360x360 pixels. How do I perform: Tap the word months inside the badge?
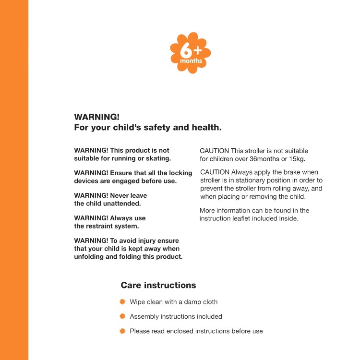click(191, 61)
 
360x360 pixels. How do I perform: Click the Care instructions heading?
click(158, 285)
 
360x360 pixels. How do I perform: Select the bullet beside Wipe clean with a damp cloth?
click(122, 302)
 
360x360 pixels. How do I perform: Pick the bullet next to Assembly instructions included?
click(122, 316)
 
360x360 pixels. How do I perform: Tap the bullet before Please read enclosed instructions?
click(122, 331)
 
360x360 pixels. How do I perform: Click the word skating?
click(157, 158)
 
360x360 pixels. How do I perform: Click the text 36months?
click(272, 159)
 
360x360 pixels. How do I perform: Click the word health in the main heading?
click(206, 128)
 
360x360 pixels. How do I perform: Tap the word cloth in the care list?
click(209, 302)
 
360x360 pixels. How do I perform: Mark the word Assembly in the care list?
click(145, 316)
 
